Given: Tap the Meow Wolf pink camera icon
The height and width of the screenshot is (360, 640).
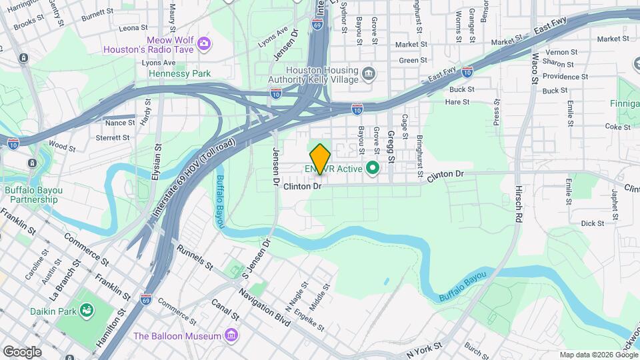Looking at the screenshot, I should point(204,44).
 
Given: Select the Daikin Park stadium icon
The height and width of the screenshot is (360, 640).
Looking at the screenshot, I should point(86,310).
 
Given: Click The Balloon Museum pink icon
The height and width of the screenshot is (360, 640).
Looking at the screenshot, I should point(231,335).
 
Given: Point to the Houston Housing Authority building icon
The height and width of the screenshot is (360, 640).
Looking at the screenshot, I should point(368,72).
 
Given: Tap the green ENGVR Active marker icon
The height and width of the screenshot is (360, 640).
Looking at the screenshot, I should point(373,169).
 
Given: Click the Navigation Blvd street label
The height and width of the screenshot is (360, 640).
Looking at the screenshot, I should point(265,311).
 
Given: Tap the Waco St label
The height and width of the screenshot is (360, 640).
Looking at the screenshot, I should point(535,64).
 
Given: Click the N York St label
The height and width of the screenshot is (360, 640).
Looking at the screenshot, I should point(424,349).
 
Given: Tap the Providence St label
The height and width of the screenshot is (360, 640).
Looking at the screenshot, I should point(565,77).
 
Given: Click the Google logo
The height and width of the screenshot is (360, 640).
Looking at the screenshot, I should point(22,351).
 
